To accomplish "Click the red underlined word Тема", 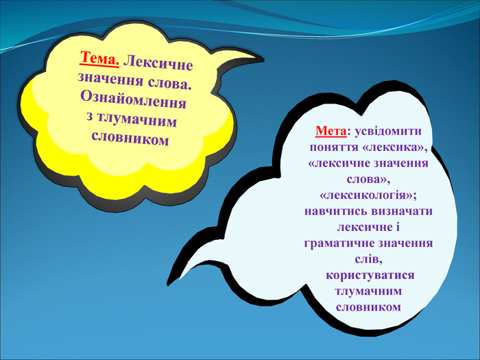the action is point(99,58).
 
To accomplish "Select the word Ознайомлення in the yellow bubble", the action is point(133,100).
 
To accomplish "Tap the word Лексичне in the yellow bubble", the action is point(158,63).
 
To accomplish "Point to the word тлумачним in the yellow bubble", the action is point(136,120).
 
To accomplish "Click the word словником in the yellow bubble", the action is point(130,139).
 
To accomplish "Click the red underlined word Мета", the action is point(331,131).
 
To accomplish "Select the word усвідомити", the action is point(388,132).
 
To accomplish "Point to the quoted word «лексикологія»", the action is point(368,195).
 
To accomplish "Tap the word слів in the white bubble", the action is point(368,259).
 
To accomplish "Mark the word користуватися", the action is point(370,275).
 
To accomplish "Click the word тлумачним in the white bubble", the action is point(368,291).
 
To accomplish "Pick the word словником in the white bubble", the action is point(368,307).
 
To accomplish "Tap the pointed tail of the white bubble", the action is point(169,284).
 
